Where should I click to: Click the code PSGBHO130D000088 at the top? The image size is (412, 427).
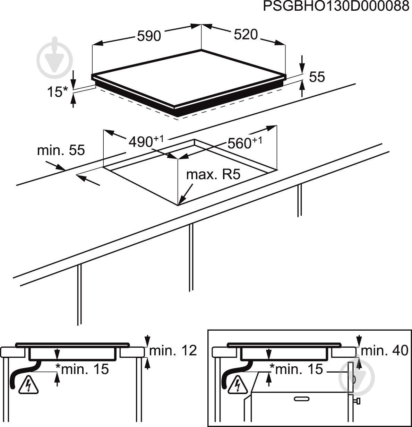(336, 7)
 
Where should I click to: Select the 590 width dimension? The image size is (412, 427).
(149, 36)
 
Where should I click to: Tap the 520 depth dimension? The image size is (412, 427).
(246, 34)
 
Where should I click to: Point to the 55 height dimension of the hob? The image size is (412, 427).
(317, 77)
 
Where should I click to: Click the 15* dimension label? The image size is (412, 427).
(57, 92)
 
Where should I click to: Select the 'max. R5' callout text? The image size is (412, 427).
(213, 175)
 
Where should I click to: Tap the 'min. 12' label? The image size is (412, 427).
(173, 351)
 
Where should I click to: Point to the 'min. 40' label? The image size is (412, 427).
(384, 351)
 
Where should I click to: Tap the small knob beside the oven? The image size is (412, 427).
(357, 401)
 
